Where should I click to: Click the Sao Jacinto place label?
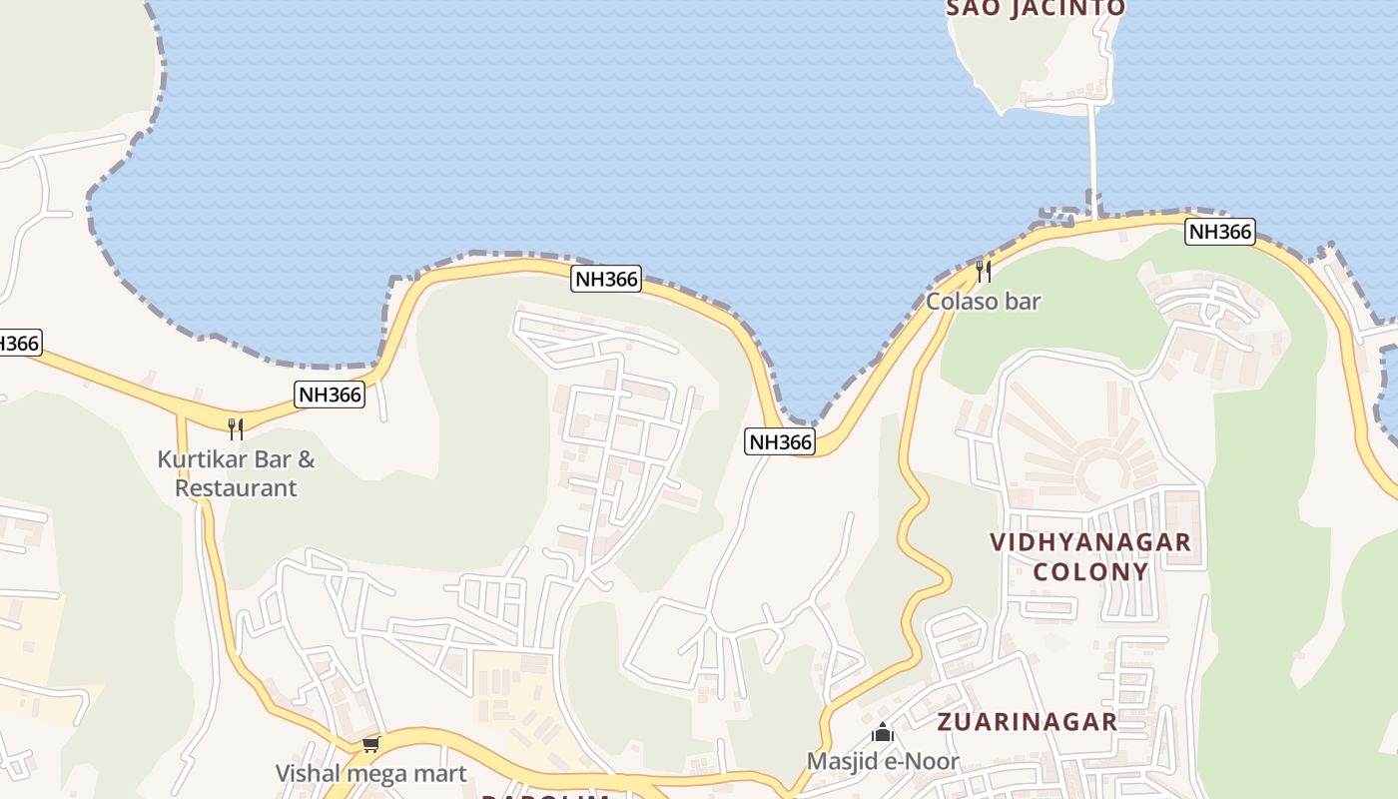(x=1036, y=8)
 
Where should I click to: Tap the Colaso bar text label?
(x=983, y=301)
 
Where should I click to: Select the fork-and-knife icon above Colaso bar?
(x=984, y=270)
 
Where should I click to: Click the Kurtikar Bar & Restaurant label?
(x=236, y=473)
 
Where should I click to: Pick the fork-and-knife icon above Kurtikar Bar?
(x=236, y=429)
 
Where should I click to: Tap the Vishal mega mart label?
(x=370, y=773)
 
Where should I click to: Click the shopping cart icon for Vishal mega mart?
(x=371, y=744)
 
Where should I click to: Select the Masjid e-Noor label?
(x=883, y=761)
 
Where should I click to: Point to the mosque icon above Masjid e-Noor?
(x=883, y=733)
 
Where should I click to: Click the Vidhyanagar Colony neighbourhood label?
(x=1090, y=556)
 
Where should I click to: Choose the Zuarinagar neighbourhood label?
(x=1027, y=721)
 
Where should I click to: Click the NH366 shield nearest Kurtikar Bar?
(x=330, y=395)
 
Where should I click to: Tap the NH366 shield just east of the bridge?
(x=1219, y=232)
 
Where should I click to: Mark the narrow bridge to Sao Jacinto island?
(x=1094, y=160)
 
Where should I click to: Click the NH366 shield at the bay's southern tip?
(x=780, y=441)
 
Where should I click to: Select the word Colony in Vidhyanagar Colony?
(x=1090, y=571)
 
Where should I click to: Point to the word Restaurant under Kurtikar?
(x=236, y=488)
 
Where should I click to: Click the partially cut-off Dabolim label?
(x=545, y=796)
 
